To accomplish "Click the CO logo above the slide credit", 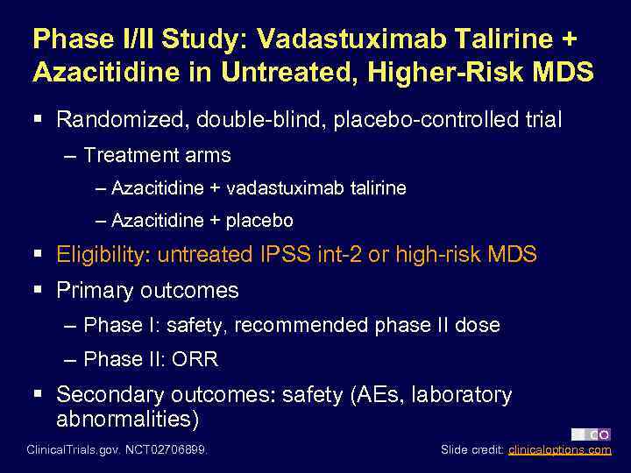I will click(x=592, y=434).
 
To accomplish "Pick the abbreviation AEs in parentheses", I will click(x=380, y=395).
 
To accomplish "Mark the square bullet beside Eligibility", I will click(x=39, y=255).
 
